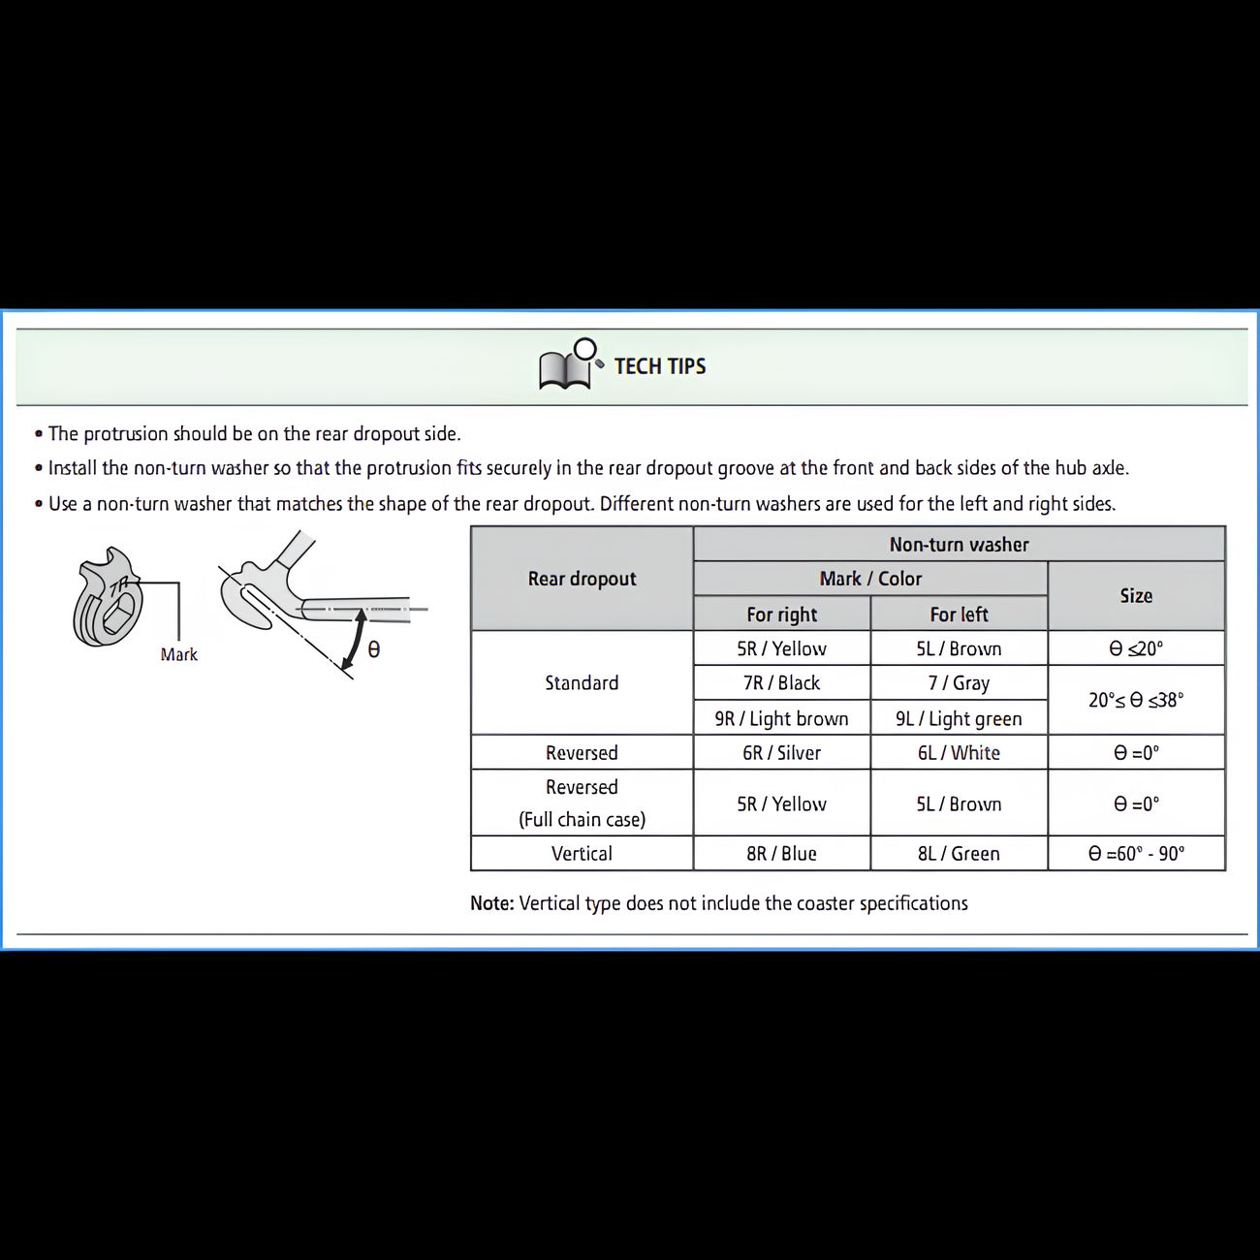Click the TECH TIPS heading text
pyautogui.click(x=660, y=366)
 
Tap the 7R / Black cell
pyautogui.click(x=781, y=683)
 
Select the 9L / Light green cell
pyautogui.click(x=959, y=718)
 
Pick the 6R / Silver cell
pyautogui.click(x=781, y=753)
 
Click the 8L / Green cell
pyautogui.click(x=959, y=854)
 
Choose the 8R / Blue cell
pyautogui.click(x=781, y=854)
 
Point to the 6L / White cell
pyautogui.click(x=959, y=753)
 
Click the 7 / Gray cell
pyautogui.click(x=959, y=683)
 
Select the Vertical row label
pyautogui.click(x=582, y=854)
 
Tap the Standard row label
pyautogui.click(x=582, y=683)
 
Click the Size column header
pyautogui.click(x=1136, y=596)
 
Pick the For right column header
pyautogui.click(x=781, y=614)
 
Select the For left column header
pyautogui.click(x=959, y=614)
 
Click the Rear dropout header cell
pyautogui.click(x=582, y=579)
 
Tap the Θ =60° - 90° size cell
pyautogui.click(x=1136, y=854)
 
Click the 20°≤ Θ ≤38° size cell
pyautogui.click(x=1136, y=701)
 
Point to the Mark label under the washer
pyautogui.click(x=179, y=655)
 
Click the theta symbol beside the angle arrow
pyautogui.click(x=374, y=650)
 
